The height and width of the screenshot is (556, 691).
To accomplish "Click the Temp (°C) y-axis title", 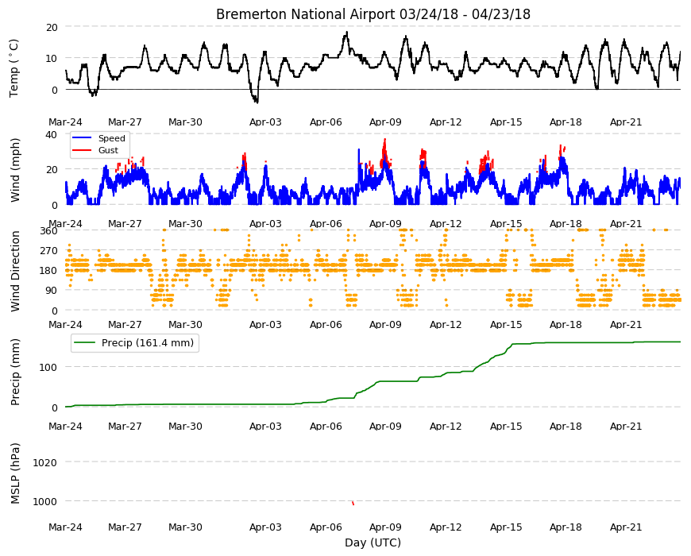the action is (14, 68).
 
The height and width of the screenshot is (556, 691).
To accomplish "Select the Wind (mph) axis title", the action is (15, 170).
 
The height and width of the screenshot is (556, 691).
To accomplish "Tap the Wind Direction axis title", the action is (15, 271).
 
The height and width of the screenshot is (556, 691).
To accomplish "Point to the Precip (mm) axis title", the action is (15, 372).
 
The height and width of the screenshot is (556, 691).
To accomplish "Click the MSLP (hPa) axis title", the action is (15, 473).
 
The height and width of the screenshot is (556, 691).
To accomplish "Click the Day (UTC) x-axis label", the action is (373, 542).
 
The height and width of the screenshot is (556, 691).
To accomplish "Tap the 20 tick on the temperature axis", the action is (52, 27).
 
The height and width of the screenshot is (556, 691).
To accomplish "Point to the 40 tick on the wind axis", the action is (52, 134).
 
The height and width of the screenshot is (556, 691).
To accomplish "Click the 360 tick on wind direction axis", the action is (49, 230).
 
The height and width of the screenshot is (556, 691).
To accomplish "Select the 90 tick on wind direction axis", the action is (52, 291).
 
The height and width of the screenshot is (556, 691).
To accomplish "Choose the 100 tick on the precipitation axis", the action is (48, 367).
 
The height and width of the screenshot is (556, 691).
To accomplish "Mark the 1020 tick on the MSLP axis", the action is (45, 462).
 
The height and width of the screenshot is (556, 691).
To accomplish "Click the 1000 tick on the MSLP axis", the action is (45, 501).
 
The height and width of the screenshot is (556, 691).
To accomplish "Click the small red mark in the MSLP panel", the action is (353, 503).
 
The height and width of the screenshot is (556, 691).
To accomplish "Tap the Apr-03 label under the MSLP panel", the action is (265, 527).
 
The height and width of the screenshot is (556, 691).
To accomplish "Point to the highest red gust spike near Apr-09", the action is (384, 140).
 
